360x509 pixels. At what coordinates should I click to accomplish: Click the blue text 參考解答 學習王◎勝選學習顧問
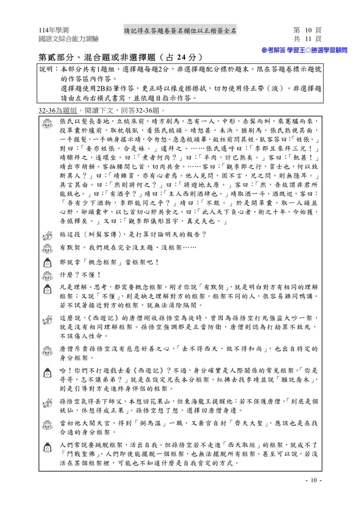click(x=304, y=50)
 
